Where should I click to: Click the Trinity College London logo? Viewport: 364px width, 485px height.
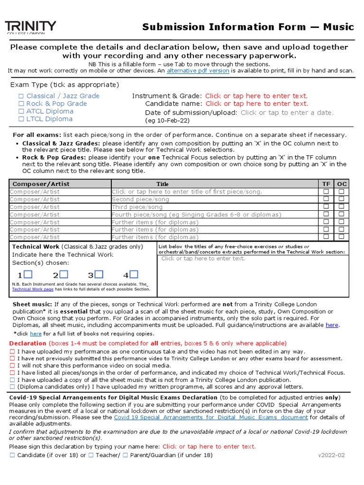(x=30, y=27)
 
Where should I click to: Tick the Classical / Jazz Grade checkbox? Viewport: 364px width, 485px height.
(x=21, y=96)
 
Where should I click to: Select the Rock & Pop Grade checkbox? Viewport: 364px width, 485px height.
(x=21, y=104)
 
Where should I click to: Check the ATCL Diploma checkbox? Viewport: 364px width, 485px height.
(x=21, y=111)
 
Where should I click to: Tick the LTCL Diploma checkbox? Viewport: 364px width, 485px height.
(x=21, y=119)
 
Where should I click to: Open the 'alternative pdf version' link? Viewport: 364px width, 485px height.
(x=198, y=71)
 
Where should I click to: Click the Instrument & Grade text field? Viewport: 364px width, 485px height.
(x=256, y=96)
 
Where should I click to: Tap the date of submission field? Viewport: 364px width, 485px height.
(x=287, y=113)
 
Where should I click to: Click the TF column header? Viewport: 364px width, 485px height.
(x=326, y=184)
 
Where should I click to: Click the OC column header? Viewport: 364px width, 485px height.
(x=341, y=184)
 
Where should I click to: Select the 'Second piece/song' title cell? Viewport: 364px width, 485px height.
(x=140, y=199)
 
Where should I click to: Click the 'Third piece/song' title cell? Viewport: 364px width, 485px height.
(x=137, y=207)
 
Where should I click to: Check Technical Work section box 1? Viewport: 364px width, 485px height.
(x=28, y=275)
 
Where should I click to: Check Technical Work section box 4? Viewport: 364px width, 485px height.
(x=134, y=275)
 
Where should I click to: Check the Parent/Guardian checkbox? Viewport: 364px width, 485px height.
(x=125, y=455)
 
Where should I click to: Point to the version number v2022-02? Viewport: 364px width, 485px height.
(x=331, y=455)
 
